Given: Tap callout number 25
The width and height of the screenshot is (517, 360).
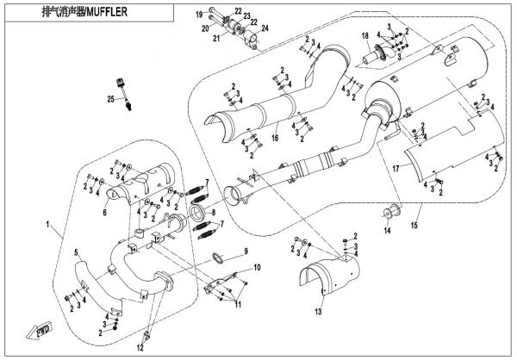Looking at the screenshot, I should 111,101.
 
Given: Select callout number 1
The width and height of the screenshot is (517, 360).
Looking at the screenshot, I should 47,223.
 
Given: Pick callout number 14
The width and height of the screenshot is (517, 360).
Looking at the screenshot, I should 387,231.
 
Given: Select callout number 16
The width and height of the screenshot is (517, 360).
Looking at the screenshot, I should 273,137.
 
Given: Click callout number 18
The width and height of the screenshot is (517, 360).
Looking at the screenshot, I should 365,35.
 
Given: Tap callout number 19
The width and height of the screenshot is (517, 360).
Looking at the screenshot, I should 199,15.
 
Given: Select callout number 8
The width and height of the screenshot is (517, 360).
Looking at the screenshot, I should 214,212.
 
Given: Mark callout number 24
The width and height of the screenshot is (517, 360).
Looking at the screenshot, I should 265,29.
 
